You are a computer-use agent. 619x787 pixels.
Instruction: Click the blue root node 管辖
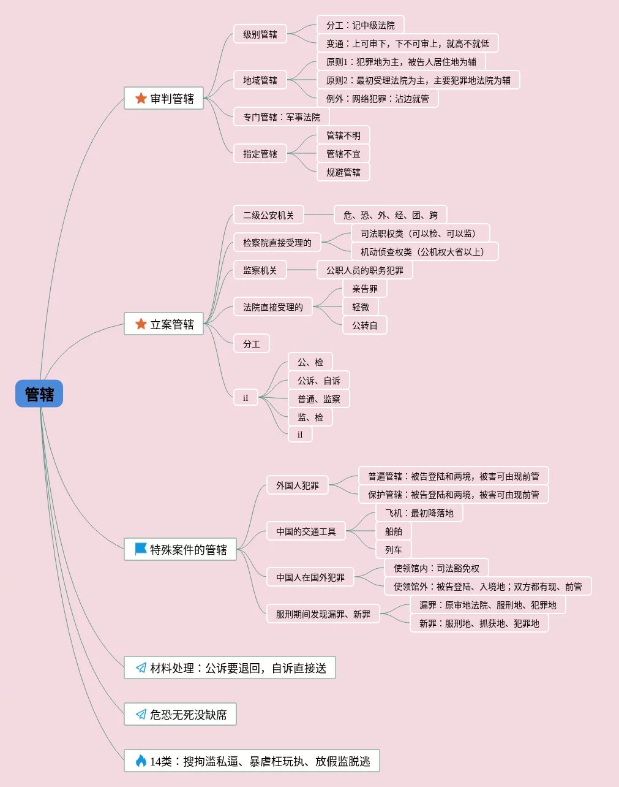(x=39, y=393)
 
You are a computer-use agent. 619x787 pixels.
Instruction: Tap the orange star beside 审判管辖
(x=141, y=98)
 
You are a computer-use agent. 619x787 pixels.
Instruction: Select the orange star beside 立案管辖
(x=141, y=324)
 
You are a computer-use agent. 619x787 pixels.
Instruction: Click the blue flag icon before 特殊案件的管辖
(x=141, y=549)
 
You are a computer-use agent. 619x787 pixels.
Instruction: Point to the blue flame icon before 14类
(x=141, y=761)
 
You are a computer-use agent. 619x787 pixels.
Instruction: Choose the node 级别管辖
(x=260, y=34)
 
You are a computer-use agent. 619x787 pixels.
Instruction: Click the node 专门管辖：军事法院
(x=282, y=116)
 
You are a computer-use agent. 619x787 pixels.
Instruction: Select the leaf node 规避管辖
(x=343, y=172)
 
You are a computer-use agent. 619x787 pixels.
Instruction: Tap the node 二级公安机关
(x=269, y=215)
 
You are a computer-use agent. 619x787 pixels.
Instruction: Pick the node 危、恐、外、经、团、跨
(x=390, y=215)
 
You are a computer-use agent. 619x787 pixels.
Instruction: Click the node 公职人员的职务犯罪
(x=365, y=270)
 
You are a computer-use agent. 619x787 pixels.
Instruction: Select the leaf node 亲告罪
(x=365, y=288)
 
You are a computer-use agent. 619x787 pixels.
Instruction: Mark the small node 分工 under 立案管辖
(x=252, y=343)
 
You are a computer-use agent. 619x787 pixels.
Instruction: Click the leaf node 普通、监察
(x=318, y=398)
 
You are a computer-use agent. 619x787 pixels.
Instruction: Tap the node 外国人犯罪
(x=298, y=485)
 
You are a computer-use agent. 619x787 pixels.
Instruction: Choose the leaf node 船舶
(x=394, y=531)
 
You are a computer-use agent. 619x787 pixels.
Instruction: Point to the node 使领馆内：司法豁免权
(x=437, y=568)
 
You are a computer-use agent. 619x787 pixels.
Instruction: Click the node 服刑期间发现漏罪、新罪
(x=323, y=614)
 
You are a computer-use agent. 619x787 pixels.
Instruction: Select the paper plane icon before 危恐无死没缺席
(x=141, y=714)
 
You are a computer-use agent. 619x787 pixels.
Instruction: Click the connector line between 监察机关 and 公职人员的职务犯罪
(x=302, y=270)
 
